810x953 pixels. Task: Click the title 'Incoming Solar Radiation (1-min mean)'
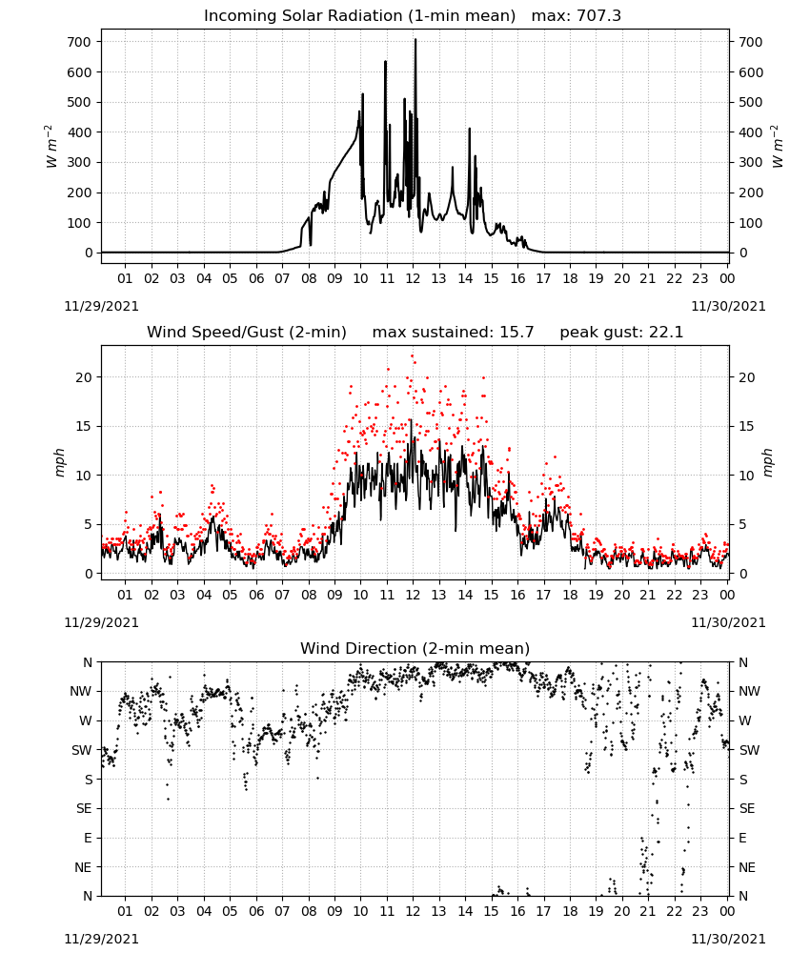(x=359, y=16)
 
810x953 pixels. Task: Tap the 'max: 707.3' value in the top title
(x=577, y=16)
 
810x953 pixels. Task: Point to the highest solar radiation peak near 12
(x=415, y=39)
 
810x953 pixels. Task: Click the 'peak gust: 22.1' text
(x=621, y=333)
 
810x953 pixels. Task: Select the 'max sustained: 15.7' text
(x=453, y=333)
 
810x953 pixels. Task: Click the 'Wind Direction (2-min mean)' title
(x=415, y=648)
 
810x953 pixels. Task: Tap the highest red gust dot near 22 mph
(x=412, y=356)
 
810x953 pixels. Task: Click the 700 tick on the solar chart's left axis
(x=79, y=42)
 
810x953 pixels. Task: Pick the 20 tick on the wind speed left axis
(x=84, y=377)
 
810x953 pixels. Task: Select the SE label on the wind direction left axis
(x=84, y=808)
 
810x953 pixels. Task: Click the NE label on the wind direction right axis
(x=747, y=867)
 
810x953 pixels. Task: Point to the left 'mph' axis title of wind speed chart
(x=59, y=462)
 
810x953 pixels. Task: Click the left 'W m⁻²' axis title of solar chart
(x=51, y=147)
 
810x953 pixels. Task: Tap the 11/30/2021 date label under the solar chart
(x=728, y=306)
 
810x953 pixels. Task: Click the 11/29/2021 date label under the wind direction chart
(x=101, y=939)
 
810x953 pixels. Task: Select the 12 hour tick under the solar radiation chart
(x=413, y=278)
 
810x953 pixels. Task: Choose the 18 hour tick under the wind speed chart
(x=570, y=595)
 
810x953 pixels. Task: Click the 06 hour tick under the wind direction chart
(x=256, y=911)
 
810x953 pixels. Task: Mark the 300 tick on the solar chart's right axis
(x=751, y=162)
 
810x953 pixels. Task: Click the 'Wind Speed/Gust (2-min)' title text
(x=247, y=333)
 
